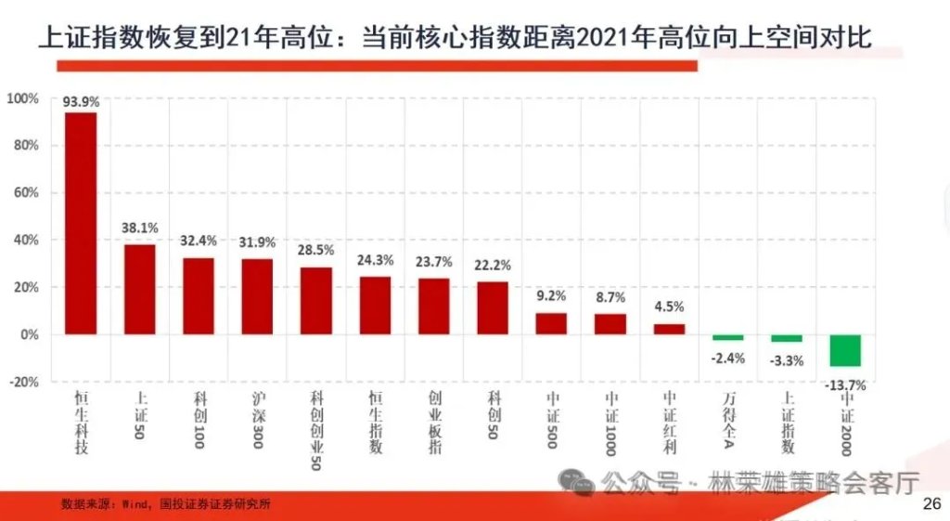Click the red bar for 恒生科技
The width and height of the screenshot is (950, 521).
tap(81, 223)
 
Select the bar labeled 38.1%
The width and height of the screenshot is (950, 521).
tap(140, 289)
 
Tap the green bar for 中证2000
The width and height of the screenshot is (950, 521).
tap(845, 350)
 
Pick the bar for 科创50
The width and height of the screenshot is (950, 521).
tap(493, 307)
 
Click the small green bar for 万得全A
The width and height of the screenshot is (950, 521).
tap(728, 337)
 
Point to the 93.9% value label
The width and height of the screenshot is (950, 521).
tap(81, 103)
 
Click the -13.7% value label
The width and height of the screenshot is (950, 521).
tap(846, 384)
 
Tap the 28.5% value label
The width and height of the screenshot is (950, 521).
tap(316, 251)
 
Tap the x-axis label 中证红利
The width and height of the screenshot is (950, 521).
tap(670, 416)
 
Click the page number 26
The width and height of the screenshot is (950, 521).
tap(932, 503)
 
